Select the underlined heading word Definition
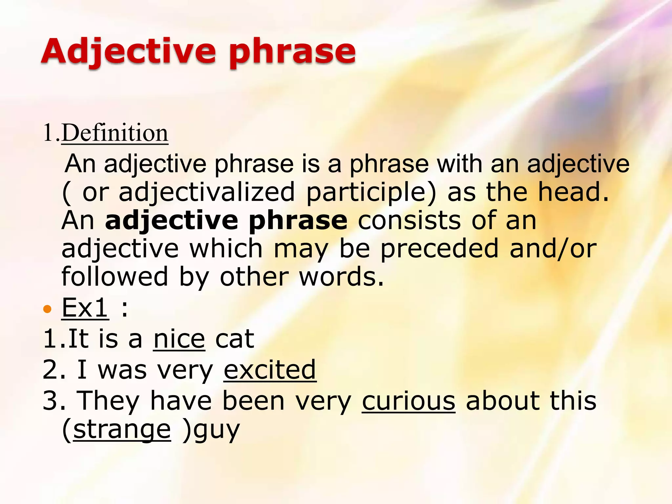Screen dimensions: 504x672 click(x=115, y=133)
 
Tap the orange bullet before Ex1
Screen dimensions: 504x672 click(x=48, y=309)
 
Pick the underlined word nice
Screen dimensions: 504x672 click(x=179, y=339)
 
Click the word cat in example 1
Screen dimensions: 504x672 click(x=235, y=339)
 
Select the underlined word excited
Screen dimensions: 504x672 click(x=270, y=370)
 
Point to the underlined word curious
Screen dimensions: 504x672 click(x=409, y=401)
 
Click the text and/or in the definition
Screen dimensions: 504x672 click(x=553, y=249)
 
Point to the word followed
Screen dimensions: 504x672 click(x=115, y=277)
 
